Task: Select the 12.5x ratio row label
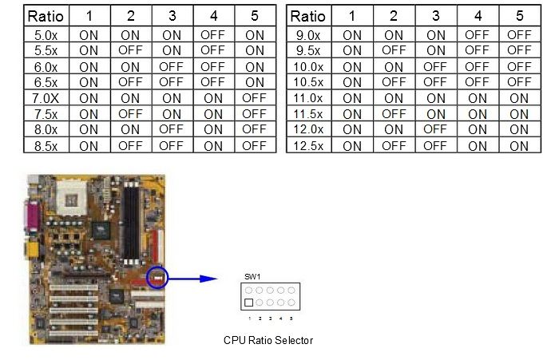pos(309,145)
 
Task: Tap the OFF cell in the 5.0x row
pos(212,35)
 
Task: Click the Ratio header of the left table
pos(46,16)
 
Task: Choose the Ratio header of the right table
pos(309,16)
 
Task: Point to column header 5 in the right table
pos(519,16)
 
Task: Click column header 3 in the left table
pos(171,16)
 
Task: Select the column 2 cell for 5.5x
pos(130,50)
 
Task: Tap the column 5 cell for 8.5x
pos(254,145)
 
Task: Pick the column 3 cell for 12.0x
pos(436,129)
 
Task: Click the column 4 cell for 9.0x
pos(478,35)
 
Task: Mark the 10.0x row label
pos(309,66)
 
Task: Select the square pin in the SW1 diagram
pos(250,303)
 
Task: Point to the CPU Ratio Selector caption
pos(268,340)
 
